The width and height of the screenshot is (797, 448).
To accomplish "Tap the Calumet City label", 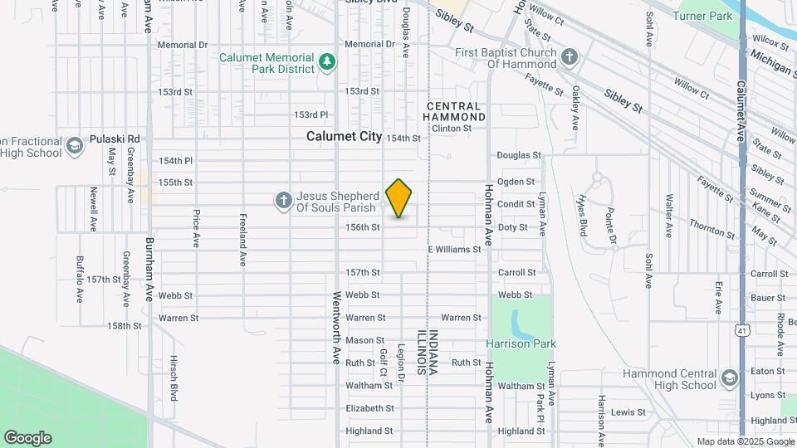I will tap(344, 136).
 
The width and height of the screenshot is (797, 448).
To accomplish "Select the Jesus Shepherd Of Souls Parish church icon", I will tap(283, 200).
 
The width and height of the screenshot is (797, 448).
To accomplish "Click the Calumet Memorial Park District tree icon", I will tap(328, 61).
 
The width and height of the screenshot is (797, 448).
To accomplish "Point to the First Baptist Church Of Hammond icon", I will tap(569, 57).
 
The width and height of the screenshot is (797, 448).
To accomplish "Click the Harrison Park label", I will tap(521, 343).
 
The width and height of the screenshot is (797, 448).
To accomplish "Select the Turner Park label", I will tap(702, 16).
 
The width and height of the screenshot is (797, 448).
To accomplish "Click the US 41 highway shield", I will tap(741, 330).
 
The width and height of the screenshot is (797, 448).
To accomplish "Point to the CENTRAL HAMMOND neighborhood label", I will tap(452, 112).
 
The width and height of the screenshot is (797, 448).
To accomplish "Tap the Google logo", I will tap(27, 437).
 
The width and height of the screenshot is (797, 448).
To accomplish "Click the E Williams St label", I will tap(454, 250).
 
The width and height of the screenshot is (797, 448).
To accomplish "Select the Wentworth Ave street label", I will tap(337, 328).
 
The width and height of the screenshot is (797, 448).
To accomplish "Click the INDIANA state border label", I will tap(433, 353).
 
